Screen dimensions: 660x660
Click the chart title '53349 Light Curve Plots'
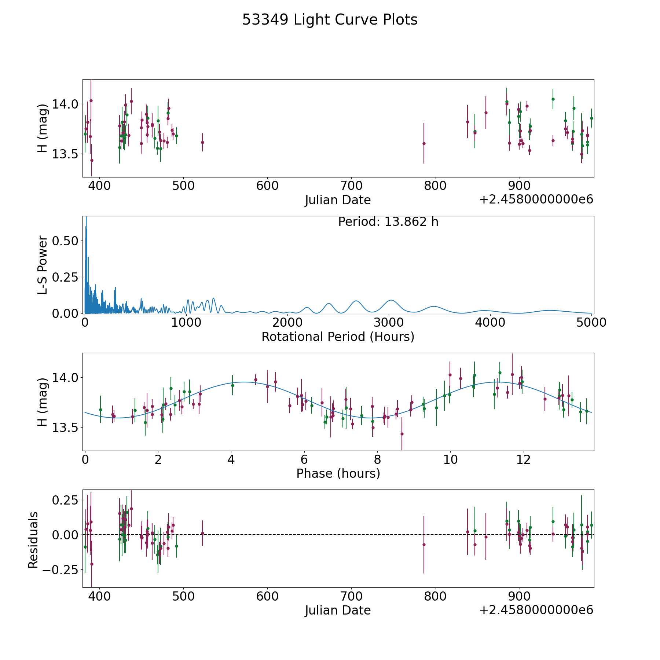pos(330,20)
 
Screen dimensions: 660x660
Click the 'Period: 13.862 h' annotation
pos(388,222)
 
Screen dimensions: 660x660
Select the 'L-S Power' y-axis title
pos(43,265)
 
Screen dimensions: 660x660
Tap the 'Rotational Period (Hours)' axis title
pos(338,337)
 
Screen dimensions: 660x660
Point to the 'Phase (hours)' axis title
pos(338,473)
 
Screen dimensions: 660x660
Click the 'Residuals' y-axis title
pos(33,540)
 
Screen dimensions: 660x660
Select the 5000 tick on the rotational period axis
pos(591,323)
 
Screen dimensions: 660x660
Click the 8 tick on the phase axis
pos(377,459)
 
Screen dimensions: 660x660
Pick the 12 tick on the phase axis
pos(523,459)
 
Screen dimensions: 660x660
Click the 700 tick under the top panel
pos(351,186)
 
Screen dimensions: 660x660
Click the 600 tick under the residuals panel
pos(267,596)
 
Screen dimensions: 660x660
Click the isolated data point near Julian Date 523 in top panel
pos(202,142)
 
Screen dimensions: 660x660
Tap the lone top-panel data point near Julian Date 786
pos(424,143)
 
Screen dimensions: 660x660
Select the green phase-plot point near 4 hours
pos(232,385)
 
